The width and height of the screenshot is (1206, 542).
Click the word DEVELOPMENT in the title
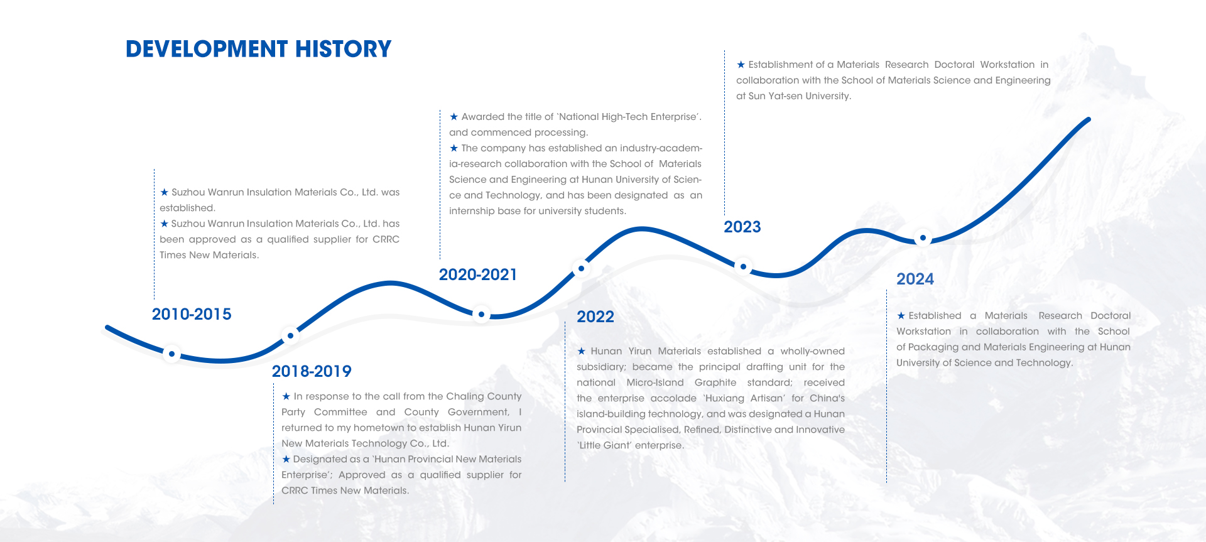[207, 49]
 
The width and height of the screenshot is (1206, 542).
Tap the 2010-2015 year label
[192, 314]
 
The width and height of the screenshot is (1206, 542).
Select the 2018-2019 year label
[312, 371]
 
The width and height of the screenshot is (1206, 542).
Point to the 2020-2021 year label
[478, 274]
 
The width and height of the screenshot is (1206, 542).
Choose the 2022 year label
[595, 317]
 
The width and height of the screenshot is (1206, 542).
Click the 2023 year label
[742, 227]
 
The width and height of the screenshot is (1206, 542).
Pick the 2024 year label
[915, 279]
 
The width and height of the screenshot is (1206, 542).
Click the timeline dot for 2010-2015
[171, 354]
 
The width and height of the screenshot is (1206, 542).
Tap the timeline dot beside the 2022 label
[581, 268]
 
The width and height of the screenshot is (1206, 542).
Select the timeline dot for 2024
[923, 238]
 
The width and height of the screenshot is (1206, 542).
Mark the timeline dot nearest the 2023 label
[743, 266]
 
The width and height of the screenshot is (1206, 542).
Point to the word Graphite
[715, 382]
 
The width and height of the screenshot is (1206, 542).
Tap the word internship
[472, 211]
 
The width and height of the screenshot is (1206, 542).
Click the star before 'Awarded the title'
[454, 117]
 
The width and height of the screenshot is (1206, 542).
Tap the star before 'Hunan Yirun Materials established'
[581, 351]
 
